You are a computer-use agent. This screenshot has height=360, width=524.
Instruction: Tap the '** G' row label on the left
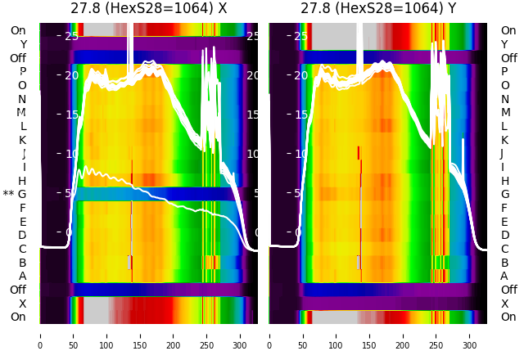(15, 194)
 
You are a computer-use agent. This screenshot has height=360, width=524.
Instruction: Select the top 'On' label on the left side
(18, 30)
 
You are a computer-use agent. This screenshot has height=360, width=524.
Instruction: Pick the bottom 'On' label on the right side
(508, 317)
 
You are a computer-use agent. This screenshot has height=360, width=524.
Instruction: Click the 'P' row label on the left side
(22, 71)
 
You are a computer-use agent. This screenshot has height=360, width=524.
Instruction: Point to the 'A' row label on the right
(504, 276)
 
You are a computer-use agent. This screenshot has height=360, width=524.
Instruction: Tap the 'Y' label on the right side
(504, 44)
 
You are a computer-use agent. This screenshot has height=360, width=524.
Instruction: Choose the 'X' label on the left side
(23, 304)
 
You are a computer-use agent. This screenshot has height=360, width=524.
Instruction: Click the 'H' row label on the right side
(504, 181)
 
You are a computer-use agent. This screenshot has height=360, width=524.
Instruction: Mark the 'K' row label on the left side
(22, 140)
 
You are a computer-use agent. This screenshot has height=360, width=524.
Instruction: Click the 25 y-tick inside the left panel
(71, 36)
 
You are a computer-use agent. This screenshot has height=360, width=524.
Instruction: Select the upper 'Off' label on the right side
(508, 58)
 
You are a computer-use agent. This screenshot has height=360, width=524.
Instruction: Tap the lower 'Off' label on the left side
(18, 290)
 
